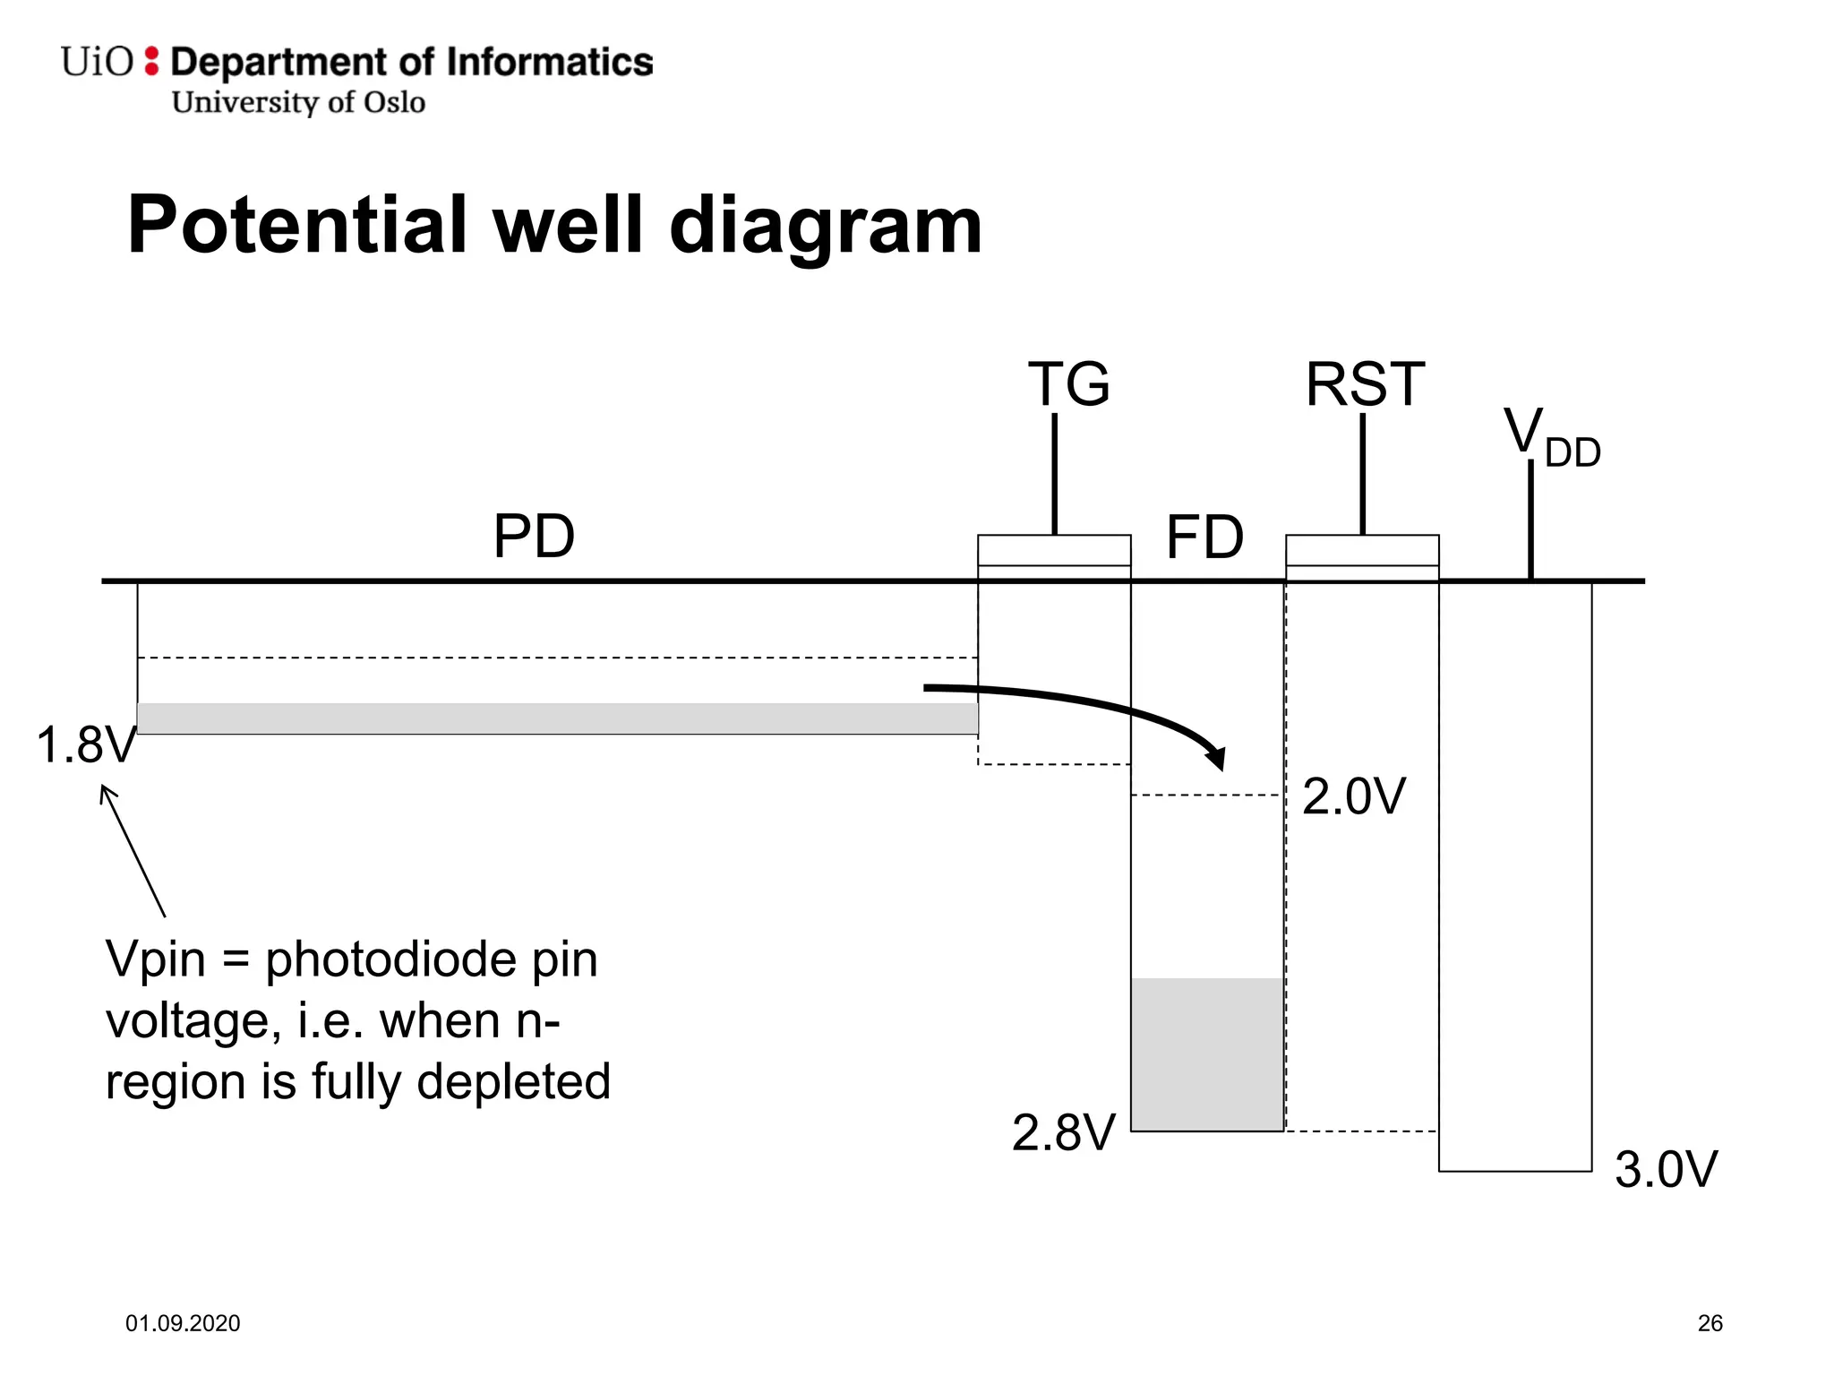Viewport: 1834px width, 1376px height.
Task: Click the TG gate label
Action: point(1068,384)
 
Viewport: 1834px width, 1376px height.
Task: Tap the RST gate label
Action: point(1364,384)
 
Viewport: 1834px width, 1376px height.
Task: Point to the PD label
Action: point(534,537)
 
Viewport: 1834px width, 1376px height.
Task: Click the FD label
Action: point(1204,537)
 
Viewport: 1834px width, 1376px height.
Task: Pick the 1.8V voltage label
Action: point(86,745)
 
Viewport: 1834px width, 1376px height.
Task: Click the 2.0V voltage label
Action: point(1353,796)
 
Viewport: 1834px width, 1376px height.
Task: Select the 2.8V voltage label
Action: point(1063,1132)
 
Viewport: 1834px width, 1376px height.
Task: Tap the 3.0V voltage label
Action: point(1666,1170)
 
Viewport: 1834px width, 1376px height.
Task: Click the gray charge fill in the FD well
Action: point(1207,1054)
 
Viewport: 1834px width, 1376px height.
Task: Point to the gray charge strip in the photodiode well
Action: point(557,718)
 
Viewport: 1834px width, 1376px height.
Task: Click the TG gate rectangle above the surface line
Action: point(1054,551)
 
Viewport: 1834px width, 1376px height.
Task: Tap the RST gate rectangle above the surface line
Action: point(1362,551)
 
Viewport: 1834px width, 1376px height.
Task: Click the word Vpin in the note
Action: point(156,960)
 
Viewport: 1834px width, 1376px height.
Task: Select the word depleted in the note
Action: point(513,1082)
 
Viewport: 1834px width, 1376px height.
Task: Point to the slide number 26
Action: point(1710,1323)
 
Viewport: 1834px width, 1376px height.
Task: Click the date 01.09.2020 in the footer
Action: point(183,1323)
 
